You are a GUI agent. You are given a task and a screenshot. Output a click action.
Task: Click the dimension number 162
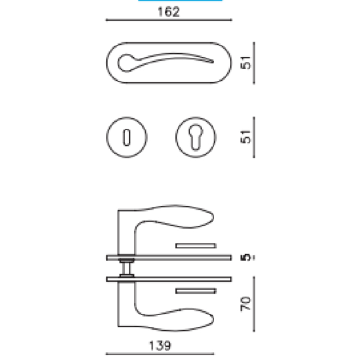coord(167,12)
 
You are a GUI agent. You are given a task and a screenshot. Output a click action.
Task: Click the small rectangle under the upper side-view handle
coord(196,245)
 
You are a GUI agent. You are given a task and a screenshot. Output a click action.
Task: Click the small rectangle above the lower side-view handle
coord(196,291)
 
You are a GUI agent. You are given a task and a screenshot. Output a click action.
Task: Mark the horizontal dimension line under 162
coord(167,21)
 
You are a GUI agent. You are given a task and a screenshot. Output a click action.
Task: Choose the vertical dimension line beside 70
coord(254,304)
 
